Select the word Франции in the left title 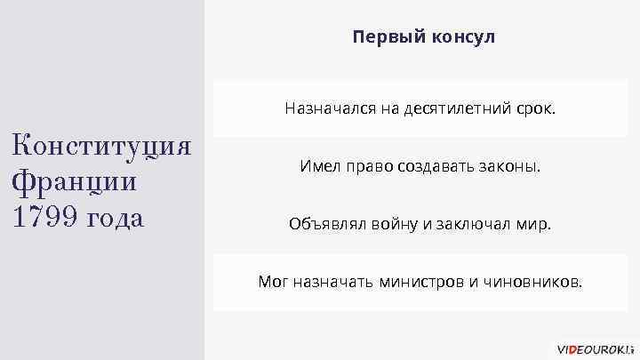[76, 180]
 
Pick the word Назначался [323, 109]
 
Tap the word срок [535, 109]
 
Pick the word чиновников [532, 283]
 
